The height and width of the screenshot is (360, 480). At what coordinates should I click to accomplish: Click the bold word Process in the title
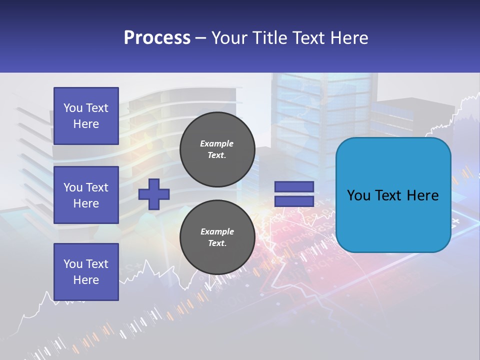tap(157, 38)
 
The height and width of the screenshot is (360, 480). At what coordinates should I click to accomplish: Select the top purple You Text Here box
tap(86, 116)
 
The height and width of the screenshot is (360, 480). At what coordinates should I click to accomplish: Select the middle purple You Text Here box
tap(86, 195)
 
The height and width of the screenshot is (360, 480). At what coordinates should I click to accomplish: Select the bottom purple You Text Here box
tap(86, 271)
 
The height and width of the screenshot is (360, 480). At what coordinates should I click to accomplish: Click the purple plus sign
tap(153, 194)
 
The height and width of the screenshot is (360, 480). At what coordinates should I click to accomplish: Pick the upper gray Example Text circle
tap(217, 149)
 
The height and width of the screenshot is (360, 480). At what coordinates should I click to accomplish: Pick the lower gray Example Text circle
tap(217, 237)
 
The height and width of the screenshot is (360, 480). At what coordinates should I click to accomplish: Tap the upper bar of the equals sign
tap(294, 187)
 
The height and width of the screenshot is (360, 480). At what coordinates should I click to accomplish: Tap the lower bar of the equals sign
tap(294, 201)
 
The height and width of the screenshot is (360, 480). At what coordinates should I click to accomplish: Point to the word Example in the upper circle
tap(217, 143)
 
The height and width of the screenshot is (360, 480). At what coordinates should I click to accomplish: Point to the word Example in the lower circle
tap(217, 231)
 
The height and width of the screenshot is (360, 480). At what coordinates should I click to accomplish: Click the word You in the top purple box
tap(73, 108)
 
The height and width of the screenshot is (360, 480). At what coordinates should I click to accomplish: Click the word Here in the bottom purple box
tap(86, 280)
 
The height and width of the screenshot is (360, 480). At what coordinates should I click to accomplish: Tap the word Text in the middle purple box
tap(97, 187)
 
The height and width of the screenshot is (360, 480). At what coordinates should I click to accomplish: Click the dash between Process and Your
tap(200, 38)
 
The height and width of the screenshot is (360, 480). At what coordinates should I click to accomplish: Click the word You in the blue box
tap(358, 195)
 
